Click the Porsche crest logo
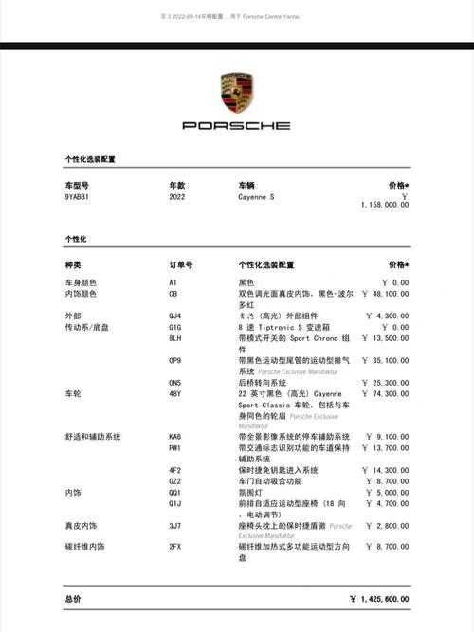coord(236,93)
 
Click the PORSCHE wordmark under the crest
coord(236,125)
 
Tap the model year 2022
coord(177,196)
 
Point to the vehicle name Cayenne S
coord(256,196)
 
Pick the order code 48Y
coord(174,392)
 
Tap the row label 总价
coord(73,599)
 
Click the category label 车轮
coord(72,392)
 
